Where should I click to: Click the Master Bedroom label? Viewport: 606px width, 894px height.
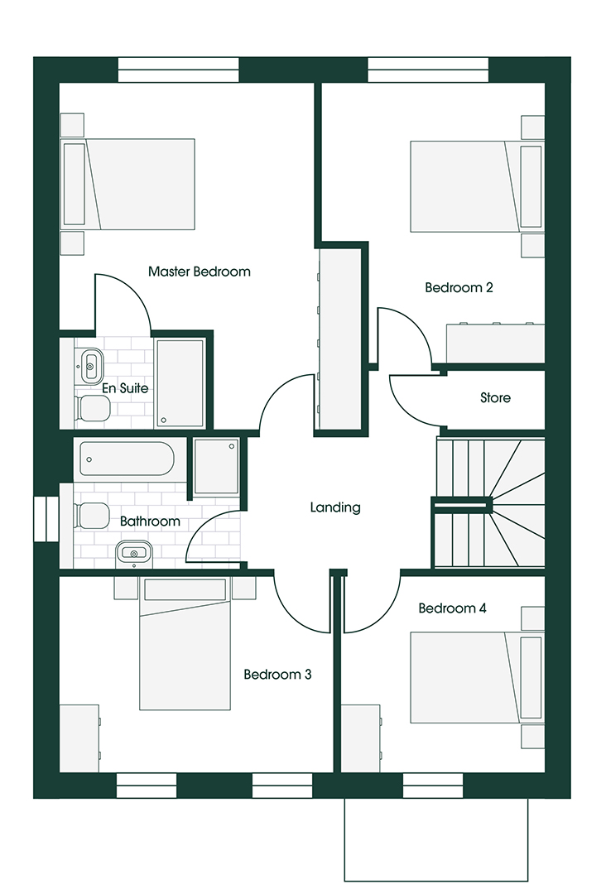(199, 272)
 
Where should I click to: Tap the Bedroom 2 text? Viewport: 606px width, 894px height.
(459, 287)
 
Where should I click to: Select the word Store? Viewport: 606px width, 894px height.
(495, 397)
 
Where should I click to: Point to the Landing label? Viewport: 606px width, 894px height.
(335, 507)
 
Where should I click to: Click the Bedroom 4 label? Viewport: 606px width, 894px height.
(452, 608)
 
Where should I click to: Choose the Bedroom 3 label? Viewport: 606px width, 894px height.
(277, 675)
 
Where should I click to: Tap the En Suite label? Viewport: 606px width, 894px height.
(125, 388)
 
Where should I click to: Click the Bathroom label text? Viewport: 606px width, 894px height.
(150, 521)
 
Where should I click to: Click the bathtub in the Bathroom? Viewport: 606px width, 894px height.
(127, 459)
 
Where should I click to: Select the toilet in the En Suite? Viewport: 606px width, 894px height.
(92, 408)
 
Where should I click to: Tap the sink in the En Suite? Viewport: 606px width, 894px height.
(91, 366)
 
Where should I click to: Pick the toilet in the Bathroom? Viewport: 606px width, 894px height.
(91, 516)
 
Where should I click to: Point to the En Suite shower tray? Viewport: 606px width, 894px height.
(180, 382)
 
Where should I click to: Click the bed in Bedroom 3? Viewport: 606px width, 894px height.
(185, 644)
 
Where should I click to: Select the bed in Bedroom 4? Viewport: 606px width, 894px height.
(477, 677)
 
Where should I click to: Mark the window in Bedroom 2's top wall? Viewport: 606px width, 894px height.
(428, 70)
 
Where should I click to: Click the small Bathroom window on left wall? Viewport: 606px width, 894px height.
(46, 519)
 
